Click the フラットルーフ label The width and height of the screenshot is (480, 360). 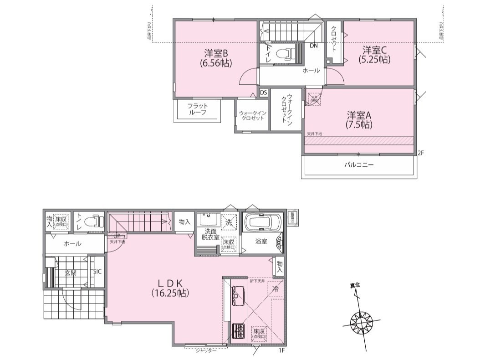tap(197, 109)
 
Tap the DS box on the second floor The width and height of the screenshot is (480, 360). tap(263, 92)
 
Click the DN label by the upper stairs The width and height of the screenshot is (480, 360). tap(314, 46)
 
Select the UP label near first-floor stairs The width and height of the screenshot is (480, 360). tap(117, 236)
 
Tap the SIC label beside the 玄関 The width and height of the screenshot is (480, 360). tap(97, 272)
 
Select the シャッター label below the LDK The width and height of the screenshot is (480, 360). tap(205, 350)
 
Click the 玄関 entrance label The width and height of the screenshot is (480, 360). tap(70, 273)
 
